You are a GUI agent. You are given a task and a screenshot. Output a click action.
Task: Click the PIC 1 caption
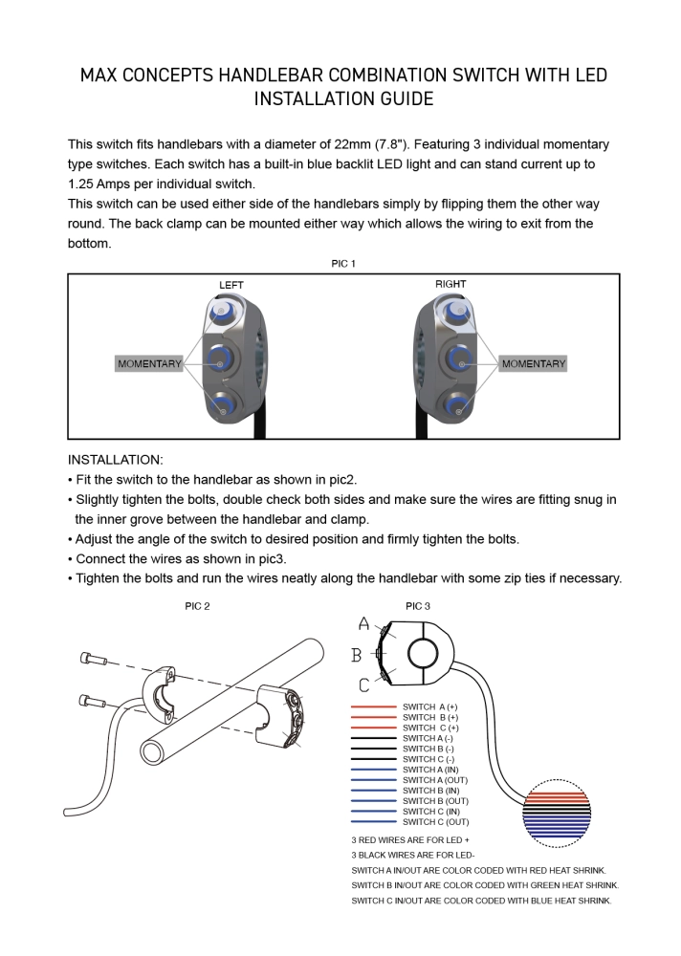pyautogui.click(x=343, y=264)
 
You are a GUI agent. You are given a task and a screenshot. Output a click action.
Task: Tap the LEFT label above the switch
pyautogui.click(x=231, y=285)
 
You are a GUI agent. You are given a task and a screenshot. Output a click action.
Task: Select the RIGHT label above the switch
pyautogui.click(x=450, y=284)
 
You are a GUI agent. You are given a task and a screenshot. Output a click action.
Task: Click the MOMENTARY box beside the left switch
pyautogui.click(x=149, y=364)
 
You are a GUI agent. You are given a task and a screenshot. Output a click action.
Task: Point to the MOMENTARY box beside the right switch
pyautogui.click(x=534, y=364)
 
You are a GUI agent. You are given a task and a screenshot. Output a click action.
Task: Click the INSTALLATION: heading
pyautogui.click(x=116, y=460)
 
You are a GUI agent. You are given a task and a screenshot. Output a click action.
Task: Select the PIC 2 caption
pyautogui.click(x=197, y=606)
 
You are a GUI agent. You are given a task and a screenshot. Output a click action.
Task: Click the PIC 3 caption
pyautogui.click(x=418, y=606)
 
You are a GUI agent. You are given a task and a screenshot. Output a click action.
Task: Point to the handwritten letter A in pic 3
pyautogui.click(x=363, y=624)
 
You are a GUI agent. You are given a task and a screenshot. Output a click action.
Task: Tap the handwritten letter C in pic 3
pyautogui.click(x=363, y=684)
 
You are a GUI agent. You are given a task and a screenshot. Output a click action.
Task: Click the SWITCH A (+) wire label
pyautogui.click(x=430, y=706)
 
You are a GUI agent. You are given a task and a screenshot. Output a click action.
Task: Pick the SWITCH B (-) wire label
pyautogui.click(x=428, y=749)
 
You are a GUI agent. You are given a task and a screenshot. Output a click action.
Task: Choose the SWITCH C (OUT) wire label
pyautogui.click(x=436, y=822)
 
